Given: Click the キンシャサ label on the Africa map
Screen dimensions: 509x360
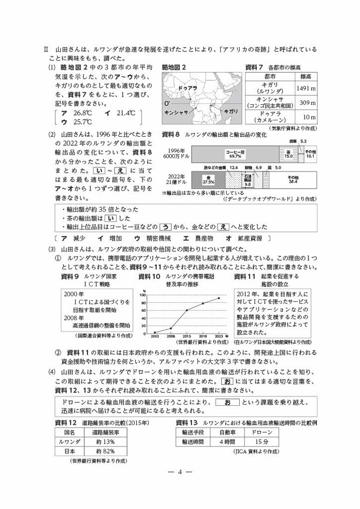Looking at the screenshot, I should (175, 112).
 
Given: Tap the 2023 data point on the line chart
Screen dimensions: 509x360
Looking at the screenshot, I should (218, 298).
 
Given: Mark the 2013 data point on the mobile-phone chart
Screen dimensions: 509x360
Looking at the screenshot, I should (187, 310).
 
